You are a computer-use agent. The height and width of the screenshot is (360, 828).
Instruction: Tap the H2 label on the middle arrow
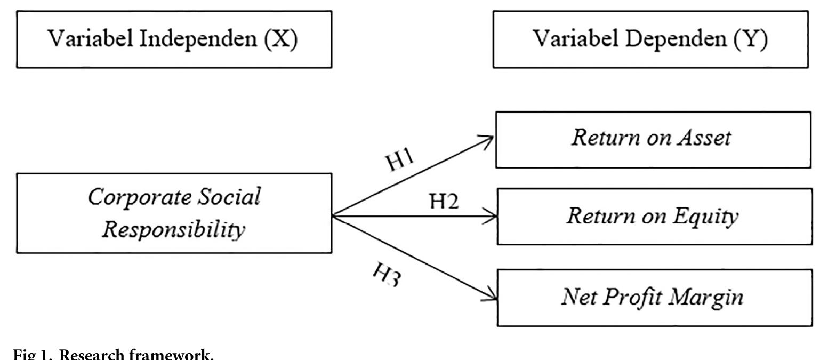(444, 202)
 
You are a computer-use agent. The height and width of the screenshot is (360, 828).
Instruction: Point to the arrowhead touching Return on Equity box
(492, 217)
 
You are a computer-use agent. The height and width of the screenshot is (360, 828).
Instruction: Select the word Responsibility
(174, 229)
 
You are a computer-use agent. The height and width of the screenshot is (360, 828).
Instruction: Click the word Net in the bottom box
(578, 297)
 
